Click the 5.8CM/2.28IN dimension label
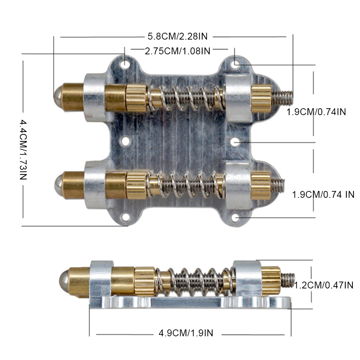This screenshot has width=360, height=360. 177,36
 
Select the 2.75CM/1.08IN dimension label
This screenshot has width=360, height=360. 177,51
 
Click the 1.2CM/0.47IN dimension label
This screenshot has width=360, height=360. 324,286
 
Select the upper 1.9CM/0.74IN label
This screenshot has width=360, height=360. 316,112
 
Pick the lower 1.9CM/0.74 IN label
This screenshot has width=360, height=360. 323,195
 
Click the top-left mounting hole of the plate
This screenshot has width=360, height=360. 125,64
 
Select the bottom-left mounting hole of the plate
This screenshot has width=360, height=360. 126,217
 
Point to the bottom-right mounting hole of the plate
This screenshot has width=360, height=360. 235,218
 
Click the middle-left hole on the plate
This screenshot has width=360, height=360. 125,141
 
